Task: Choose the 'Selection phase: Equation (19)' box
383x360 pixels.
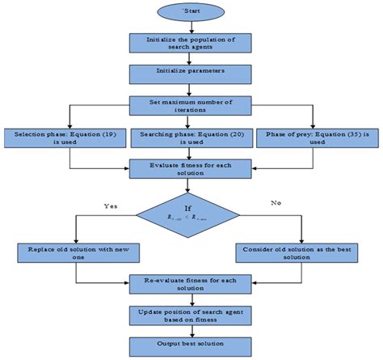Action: pyautogui.click(x=64, y=138)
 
